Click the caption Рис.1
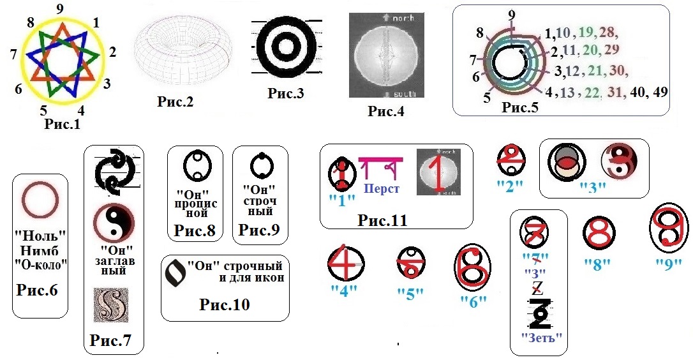pos(62,124)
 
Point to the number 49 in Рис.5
pos(660,92)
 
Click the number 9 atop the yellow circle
pos(59,9)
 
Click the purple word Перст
pos(381,190)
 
